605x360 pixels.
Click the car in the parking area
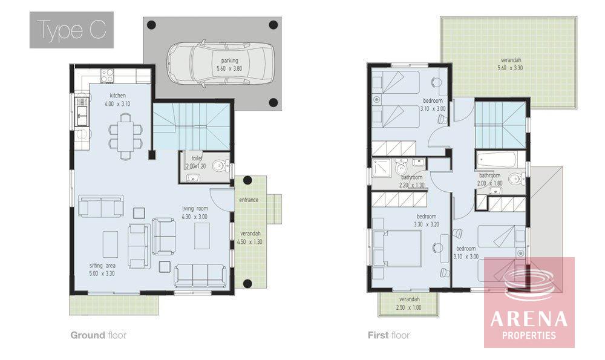(x=221, y=62)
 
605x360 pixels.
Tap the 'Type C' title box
(x=71, y=30)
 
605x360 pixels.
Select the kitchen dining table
(x=125, y=136)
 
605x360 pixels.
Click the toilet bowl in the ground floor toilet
(x=220, y=166)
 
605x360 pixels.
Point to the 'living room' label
(x=195, y=208)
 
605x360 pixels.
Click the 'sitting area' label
(x=102, y=266)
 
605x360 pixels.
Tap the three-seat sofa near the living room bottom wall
(x=200, y=275)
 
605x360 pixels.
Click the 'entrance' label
(x=249, y=200)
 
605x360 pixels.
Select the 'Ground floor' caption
(x=99, y=335)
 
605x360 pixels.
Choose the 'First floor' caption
(x=388, y=335)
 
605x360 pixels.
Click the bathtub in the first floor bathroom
(x=497, y=159)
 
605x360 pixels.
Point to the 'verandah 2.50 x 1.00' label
(x=409, y=303)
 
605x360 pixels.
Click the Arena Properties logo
(x=529, y=302)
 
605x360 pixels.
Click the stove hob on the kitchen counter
(x=107, y=76)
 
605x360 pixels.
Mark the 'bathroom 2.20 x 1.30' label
(x=411, y=181)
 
